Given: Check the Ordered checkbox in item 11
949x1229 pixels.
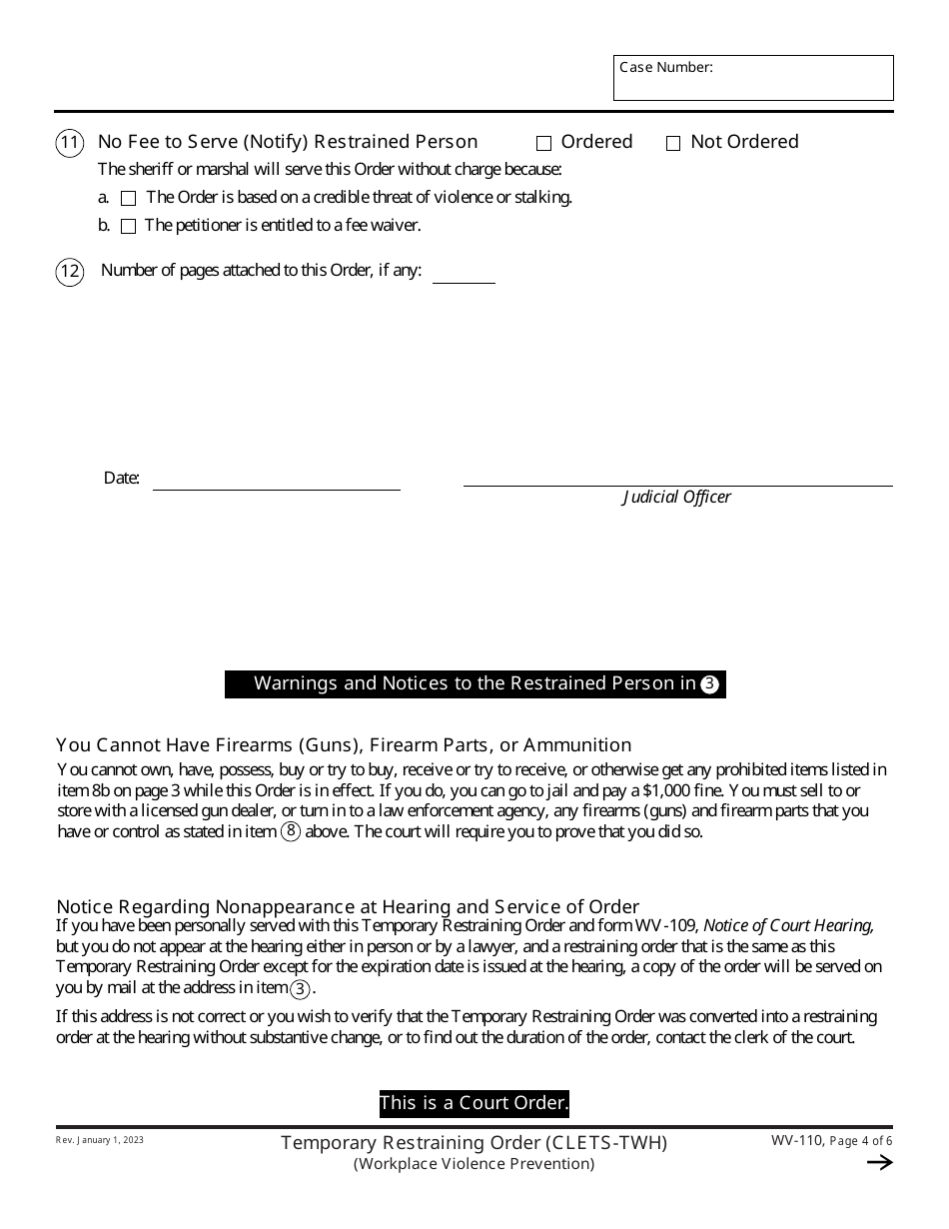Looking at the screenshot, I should tap(544, 144).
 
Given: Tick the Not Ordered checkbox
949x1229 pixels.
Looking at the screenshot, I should tap(673, 144).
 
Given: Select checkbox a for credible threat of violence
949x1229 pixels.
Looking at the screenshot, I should tap(128, 199).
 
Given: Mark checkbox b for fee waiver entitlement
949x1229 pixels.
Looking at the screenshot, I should tap(128, 227).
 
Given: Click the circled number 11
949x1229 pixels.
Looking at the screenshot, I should tap(69, 143).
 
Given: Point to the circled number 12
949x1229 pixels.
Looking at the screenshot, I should tap(69, 272).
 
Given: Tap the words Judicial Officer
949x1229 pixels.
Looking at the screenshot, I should tap(676, 497).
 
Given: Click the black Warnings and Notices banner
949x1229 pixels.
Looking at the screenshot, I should tap(475, 683).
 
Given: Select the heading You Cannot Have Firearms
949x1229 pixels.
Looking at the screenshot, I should tap(344, 744).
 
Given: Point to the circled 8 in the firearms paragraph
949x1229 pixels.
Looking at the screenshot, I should tap(291, 831).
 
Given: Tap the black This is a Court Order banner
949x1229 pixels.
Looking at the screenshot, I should tap(474, 1103).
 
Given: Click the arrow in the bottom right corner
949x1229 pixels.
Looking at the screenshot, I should tap(879, 1162).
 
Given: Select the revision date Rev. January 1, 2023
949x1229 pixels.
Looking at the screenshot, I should tap(100, 1140).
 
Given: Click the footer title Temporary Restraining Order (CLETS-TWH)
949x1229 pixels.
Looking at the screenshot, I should tap(474, 1142).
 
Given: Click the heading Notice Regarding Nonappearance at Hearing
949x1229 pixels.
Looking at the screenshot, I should tap(348, 906).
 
